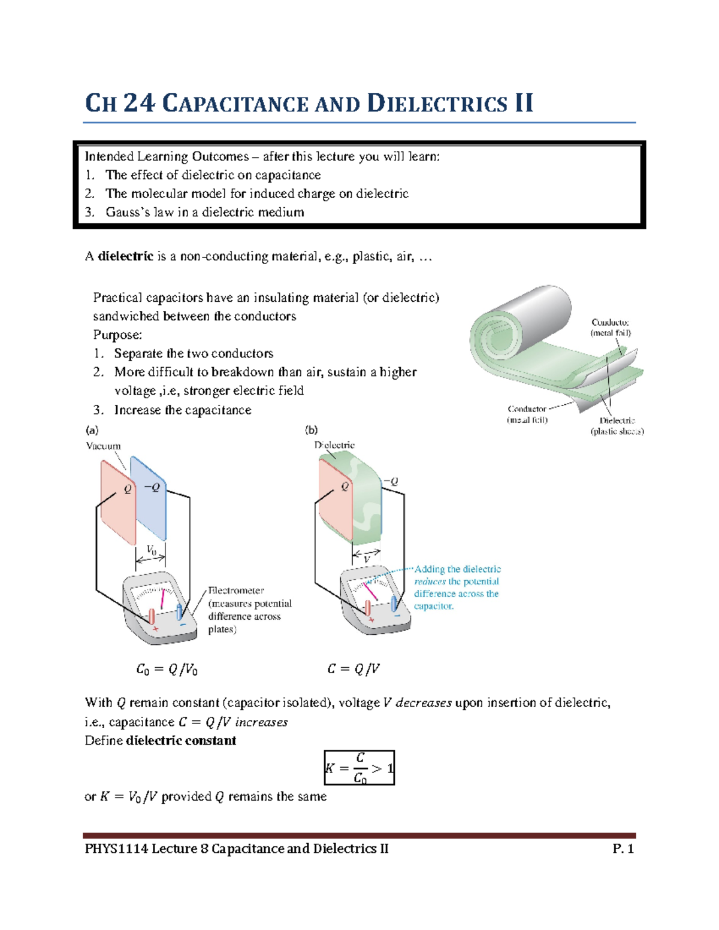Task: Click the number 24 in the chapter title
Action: [139, 103]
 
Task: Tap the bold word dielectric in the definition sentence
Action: [126, 256]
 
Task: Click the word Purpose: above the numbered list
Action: [117, 335]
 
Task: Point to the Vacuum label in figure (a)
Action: [103, 446]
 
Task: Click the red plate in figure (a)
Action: [118, 503]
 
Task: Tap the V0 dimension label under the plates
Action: [152, 550]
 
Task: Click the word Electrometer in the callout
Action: [235, 590]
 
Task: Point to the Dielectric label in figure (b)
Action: [334, 446]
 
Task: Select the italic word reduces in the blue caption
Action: [430, 581]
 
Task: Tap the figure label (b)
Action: [311, 429]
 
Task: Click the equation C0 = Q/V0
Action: [167, 670]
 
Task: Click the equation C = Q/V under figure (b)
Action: [354, 669]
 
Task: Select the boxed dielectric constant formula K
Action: [359, 768]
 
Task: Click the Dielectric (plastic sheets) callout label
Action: [617, 426]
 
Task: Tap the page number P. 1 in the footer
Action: [623, 849]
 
